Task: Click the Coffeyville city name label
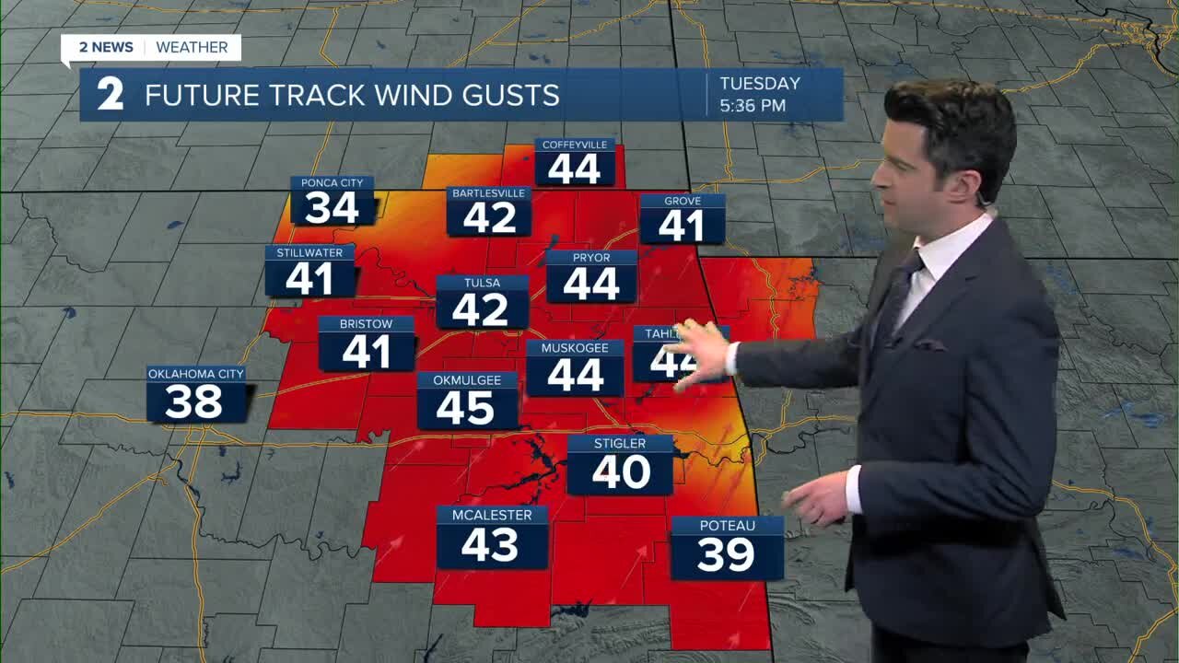coord(575,145)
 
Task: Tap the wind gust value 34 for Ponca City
coord(332,209)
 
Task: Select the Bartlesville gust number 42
coord(489,218)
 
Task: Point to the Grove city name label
coord(683,201)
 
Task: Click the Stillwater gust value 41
coord(309,279)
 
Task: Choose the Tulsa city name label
coord(482,283)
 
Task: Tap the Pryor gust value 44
coord(591,285)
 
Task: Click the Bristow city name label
coord(366,324)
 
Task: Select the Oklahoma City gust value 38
coord(196,402)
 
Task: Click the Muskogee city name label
coord(575,348)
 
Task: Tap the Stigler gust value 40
coord(621,473)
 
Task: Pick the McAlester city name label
coord(492,515)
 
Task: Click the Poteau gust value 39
coord(726,554)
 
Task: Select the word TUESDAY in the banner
coord(760,84)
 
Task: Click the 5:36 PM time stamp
coord(753,106)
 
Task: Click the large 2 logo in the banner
coord(111,95)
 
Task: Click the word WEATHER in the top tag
coord(192,47)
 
